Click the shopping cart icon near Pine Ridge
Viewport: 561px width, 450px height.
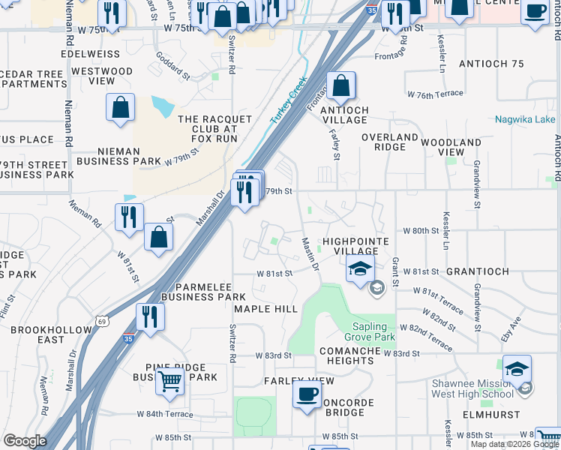click(170, 381)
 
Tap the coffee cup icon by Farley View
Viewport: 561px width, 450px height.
click(307, 394)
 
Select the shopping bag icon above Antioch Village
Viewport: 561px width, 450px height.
click(340, 86)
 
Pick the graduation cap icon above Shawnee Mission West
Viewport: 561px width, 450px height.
click(517, 369)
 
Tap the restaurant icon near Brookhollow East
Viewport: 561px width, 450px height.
click(150, 316)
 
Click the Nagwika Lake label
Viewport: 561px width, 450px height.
click(525, 119)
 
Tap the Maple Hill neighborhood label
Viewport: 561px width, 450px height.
click(265, 309)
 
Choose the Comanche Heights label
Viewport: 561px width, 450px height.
click(346, 355)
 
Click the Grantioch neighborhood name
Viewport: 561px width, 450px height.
click(478, 271)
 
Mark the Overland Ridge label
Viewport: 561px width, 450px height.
click(389, 142)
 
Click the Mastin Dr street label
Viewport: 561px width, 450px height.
click(310, 254)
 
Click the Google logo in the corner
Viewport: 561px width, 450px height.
click(25, 441)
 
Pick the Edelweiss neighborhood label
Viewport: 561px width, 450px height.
click(94, 55)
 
